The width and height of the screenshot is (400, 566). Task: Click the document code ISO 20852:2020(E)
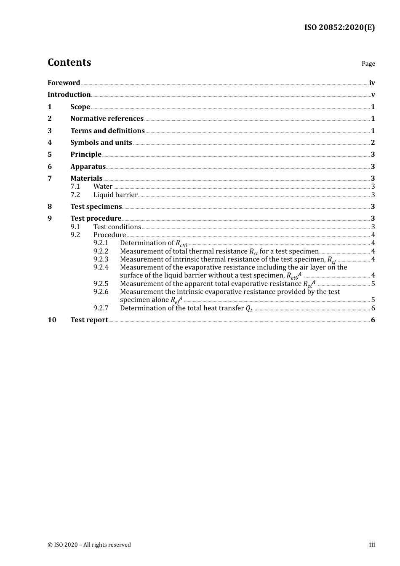(339, 27)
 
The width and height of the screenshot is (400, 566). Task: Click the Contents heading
(69, 62)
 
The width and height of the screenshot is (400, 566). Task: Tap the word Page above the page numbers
(368, 64)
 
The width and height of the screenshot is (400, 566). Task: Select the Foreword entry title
(64, 83)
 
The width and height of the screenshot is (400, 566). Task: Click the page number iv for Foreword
(372, 83)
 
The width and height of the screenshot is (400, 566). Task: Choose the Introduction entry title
(69, 95)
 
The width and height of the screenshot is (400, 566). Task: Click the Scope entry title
(80, 107)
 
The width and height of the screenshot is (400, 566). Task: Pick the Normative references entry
(107, 119)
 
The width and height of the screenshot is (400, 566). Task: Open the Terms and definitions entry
(107, 131)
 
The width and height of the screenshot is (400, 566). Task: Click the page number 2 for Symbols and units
(373, 143)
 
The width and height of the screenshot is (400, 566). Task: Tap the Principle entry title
(86, 155)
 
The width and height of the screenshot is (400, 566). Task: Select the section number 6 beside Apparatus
(50, 167)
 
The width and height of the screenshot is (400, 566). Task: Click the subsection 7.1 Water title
(103, 187)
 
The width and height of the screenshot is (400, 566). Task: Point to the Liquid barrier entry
(115, 195)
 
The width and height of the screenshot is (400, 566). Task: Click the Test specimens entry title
(96, 207)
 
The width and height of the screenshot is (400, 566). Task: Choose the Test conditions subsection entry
(117, 227)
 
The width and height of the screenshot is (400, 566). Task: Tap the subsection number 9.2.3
(101, 259)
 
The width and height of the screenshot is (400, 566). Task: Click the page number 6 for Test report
(373, 320)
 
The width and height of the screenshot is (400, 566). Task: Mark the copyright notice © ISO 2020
(89, 545)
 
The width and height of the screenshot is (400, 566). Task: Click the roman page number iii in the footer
(372, 545)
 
